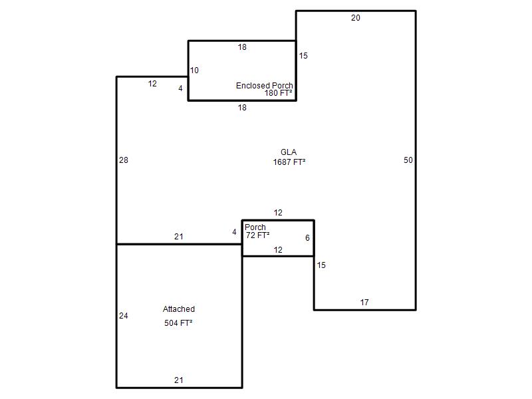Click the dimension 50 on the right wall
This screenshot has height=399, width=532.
coord(408,160)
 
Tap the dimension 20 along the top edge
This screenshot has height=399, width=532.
coord(356,18)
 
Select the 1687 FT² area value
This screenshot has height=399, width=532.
coord(289,162)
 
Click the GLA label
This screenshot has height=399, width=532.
coord(289,152)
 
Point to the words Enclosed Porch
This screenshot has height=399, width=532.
coord(264,86)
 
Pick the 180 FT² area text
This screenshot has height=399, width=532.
coord(278,93)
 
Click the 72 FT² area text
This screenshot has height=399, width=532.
coord(258,235)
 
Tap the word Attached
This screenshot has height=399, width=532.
coord(179,309)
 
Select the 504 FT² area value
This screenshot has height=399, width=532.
coord(178,323)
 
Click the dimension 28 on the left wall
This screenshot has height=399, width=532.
coord(124,160)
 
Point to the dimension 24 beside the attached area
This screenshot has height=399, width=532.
coord(124,316)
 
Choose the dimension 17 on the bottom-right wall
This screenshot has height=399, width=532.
coord(364,303)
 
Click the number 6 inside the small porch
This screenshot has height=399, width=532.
coord(307,238)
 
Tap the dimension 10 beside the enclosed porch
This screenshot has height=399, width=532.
coord(194,70)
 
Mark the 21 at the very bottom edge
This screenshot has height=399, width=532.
coord(179,380)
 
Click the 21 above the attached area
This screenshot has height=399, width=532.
coord(179,237)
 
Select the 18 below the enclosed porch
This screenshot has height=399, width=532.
coord(242,108)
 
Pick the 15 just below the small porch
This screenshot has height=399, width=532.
coord(321,265)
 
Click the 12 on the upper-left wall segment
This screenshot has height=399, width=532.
coord(152,84)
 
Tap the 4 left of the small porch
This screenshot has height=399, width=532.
coord(234,232)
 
